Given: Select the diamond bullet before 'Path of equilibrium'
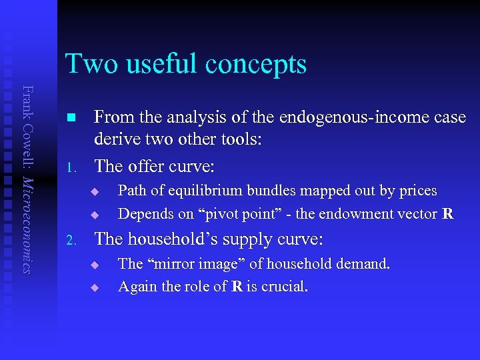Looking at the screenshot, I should click(95, 192).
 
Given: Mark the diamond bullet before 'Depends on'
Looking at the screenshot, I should click(95, 215).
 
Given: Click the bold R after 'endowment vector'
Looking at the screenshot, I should click(448, 214).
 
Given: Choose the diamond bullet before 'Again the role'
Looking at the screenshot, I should click(95, 288).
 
